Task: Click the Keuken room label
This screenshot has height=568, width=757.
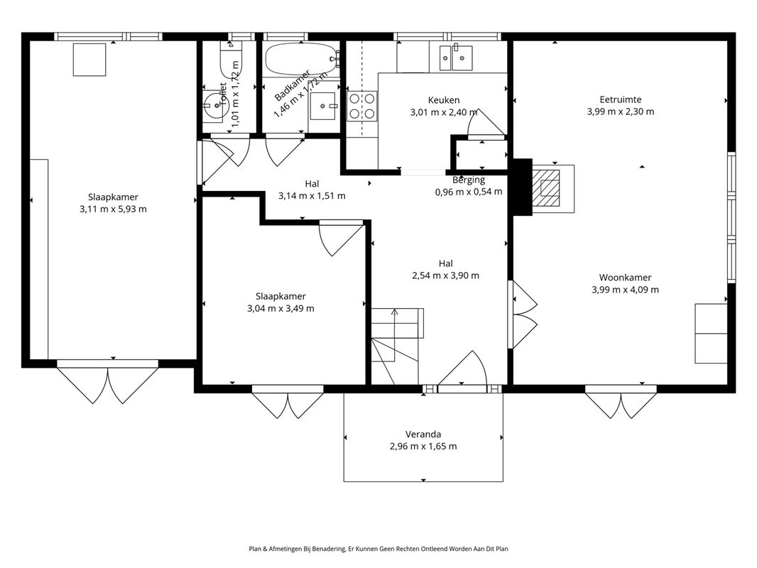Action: [444, 100]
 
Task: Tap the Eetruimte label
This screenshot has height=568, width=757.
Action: [621, 100]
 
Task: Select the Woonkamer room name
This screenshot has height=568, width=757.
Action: [625, 278]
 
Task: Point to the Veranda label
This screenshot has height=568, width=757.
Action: [423, 435]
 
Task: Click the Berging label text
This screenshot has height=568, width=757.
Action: [468, 180]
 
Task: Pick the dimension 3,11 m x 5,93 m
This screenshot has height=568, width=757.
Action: [113, 209]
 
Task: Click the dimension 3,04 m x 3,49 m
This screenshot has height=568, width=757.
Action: [281, 308]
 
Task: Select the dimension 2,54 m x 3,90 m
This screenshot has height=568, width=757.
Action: [445, 275]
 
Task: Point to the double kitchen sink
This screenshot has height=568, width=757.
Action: [456, 58]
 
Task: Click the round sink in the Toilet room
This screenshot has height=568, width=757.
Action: [212, 103]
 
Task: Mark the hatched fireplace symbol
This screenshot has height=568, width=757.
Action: [546, 188]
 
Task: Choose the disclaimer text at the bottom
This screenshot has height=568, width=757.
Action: [378, 549]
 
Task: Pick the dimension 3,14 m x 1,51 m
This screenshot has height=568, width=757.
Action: [312, 196]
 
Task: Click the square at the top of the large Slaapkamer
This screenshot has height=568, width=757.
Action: [89, 60]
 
